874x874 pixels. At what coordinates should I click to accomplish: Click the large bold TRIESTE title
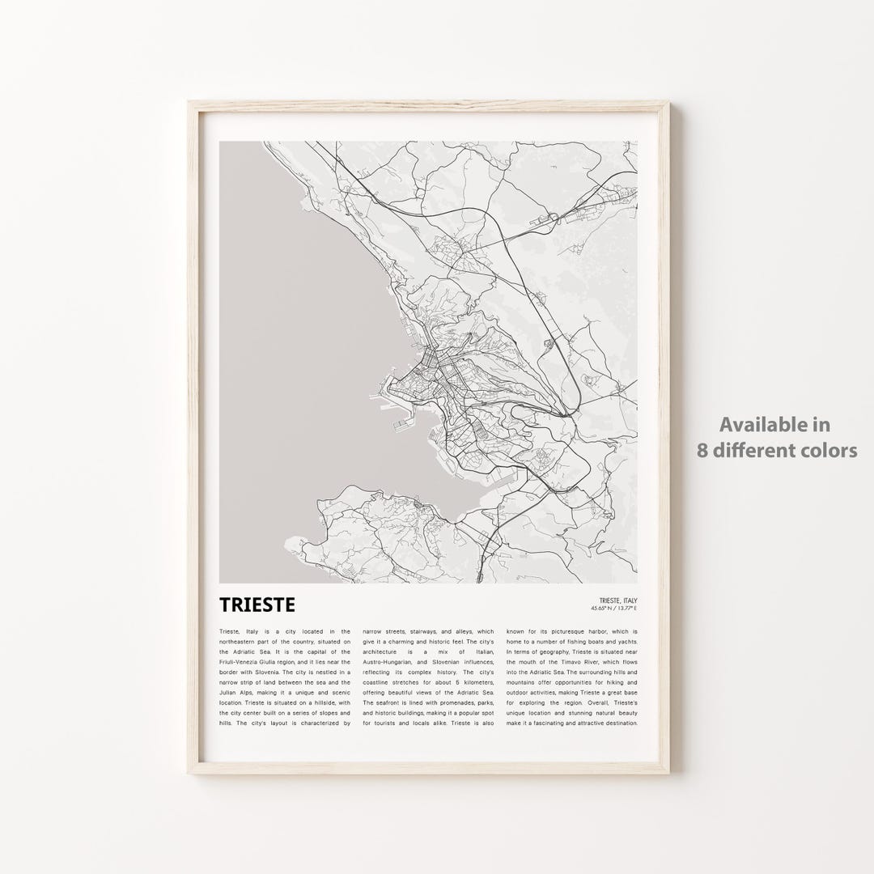[x=257, y=605]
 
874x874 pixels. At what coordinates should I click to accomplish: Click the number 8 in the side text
[x=703, y=450]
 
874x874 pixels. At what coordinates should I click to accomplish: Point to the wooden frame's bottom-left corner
[x=192, y=779]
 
